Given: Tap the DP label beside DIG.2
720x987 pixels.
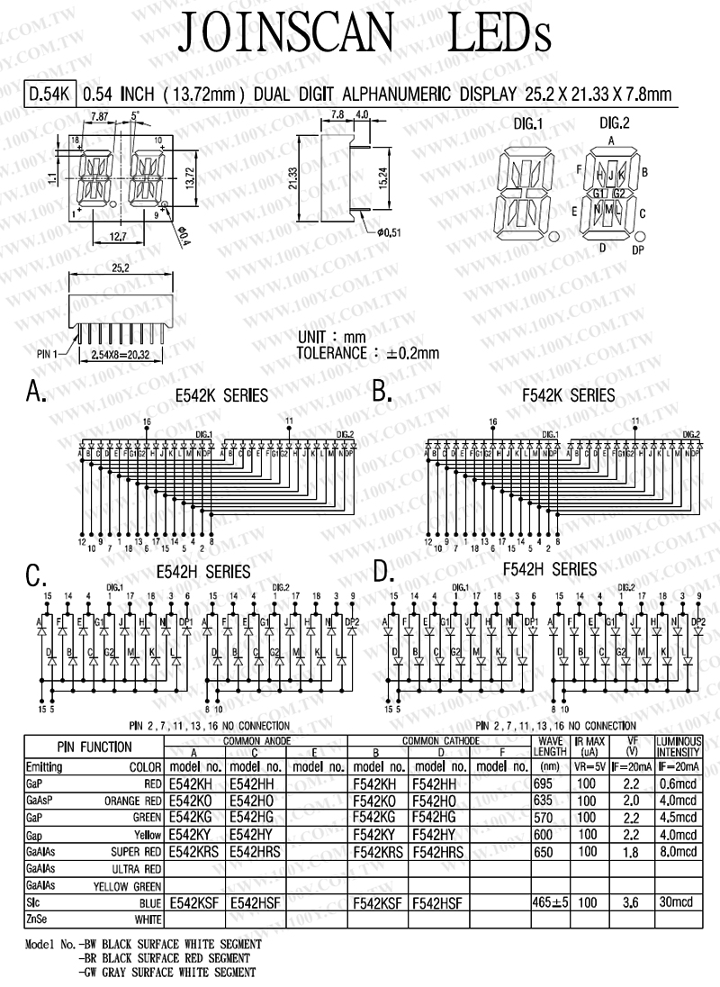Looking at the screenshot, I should tap(637, 250).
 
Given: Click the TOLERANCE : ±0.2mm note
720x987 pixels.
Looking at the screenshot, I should tap(368, 352).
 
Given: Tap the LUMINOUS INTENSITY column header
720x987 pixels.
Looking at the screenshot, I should tap(678, 747).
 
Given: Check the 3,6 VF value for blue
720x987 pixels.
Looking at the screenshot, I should tap(632, 901).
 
